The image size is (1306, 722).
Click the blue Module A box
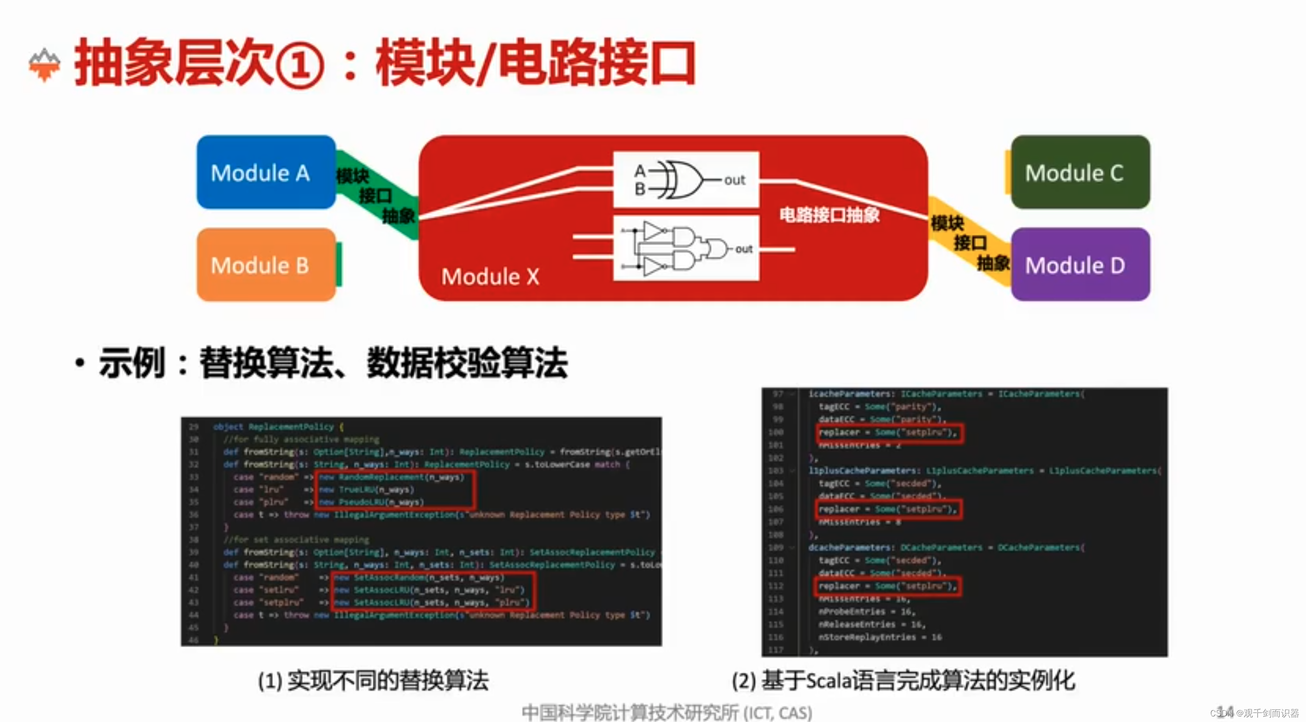266,172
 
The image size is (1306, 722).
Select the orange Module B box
266,265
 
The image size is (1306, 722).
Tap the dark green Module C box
1080,172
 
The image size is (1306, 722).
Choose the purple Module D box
1080,265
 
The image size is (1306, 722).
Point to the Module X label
490,277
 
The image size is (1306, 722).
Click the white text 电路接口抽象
829,215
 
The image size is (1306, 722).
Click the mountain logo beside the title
45,65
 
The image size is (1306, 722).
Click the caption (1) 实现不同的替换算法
373,681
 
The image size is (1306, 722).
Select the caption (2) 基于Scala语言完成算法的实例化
903,681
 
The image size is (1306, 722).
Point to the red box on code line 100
889,433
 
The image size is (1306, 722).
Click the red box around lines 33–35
395,490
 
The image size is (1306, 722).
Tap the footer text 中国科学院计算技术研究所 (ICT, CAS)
667,712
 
